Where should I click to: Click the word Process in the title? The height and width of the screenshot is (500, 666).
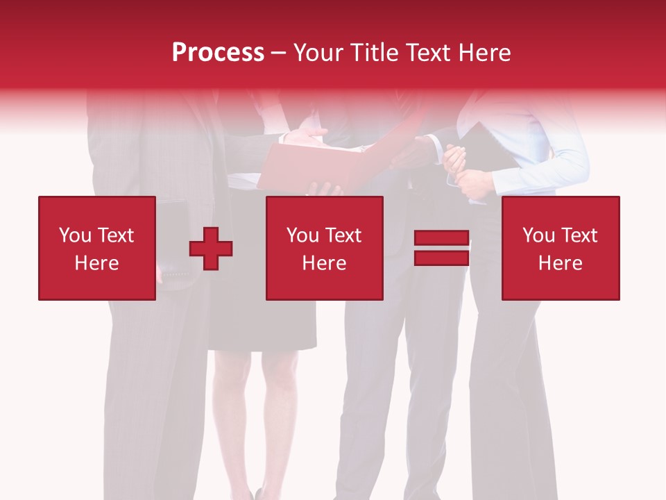click(218, 52)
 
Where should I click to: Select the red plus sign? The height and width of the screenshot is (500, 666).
click(211, 249)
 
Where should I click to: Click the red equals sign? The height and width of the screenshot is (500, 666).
click(441, 248)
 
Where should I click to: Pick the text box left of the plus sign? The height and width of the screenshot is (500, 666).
click(97, 248)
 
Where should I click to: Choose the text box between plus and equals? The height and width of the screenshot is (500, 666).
click(324, 248)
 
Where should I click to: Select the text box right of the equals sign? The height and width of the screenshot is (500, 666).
click(560, 248)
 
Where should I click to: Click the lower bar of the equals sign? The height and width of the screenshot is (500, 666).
click(441, 258)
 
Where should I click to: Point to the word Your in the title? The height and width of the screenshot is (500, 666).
click(318, 52)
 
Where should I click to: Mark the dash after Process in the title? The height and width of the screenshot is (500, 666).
click(279, 53)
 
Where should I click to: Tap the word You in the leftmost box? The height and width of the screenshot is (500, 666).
click(75, 235)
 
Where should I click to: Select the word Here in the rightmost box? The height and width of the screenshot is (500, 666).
click(560, 263)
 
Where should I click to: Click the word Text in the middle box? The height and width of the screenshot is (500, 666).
click(343, 235)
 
